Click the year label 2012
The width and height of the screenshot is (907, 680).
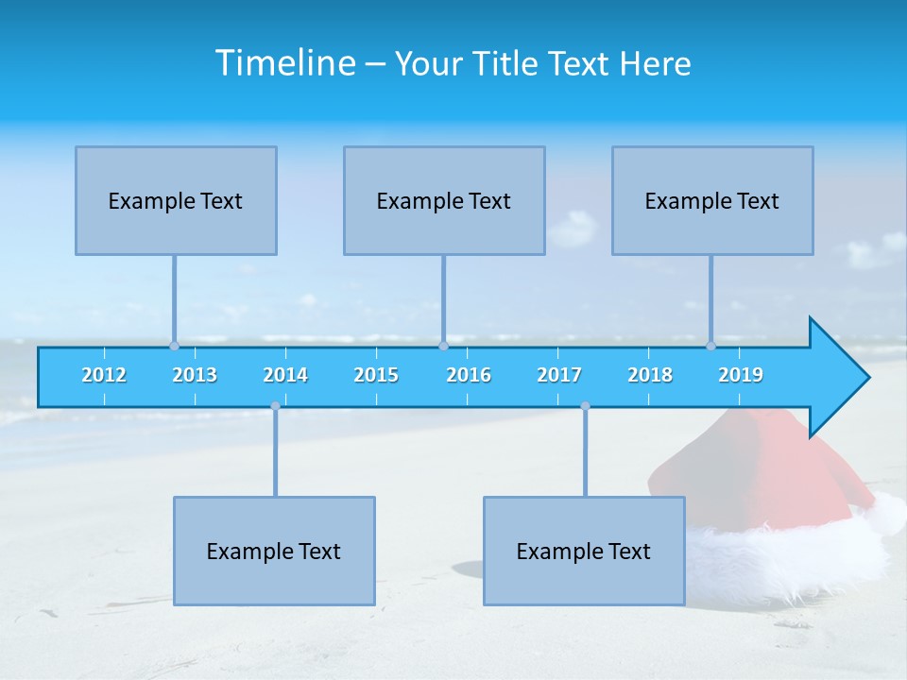pyautogui.click(x=104, y=375)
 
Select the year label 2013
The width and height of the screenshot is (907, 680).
pyautogui.click(x=195, y=375)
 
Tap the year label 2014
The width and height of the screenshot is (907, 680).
pyautogui.click(x=285, y=375)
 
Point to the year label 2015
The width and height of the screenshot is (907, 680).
pyautogui.click(x=376, y=375)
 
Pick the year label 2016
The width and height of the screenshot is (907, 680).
pyautogui.click(x=469, y=375)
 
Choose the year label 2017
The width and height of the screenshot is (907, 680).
pyautogui.click(x=559, y=375)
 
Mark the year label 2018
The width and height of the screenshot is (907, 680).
pyautogui.click(x=650, y=375)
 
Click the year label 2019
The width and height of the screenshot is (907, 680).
pyautogui.click(x=741, y=375)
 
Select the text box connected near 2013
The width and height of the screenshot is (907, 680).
pyautogui.click(x=176, y=200)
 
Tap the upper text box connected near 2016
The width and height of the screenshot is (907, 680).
pyautogui.click(x=444, y=200)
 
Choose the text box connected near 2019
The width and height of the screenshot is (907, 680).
pyautogui.click(x=712, y=200)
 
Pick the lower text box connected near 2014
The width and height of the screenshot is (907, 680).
pyautogui.click(x=274, y=551)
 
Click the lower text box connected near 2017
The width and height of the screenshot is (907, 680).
pyautogui.click(x=584, y=551)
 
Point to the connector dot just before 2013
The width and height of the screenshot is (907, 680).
pyautogui.click(x=174, y=346)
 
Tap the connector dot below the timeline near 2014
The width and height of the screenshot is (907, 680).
pyautogui.click(x=275, y=406)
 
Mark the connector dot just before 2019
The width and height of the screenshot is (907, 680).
pyautogui.click(x=710, y=346)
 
